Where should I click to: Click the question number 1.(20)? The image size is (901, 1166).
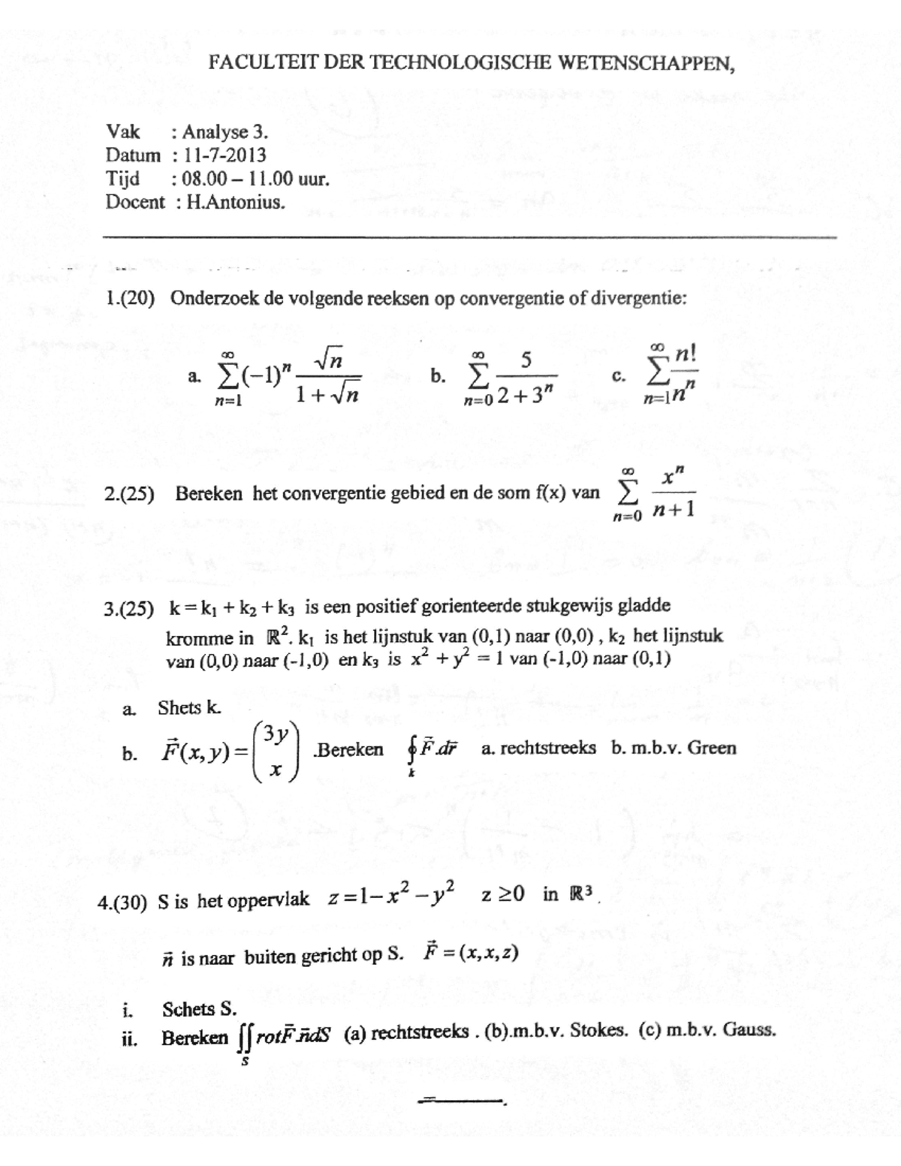(130, 298)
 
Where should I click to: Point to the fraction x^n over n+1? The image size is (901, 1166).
(673, 494)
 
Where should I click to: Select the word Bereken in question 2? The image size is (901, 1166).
(209, 494)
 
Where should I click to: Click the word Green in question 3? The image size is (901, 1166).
(712, 748)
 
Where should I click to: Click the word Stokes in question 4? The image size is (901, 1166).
(598, 1030)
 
